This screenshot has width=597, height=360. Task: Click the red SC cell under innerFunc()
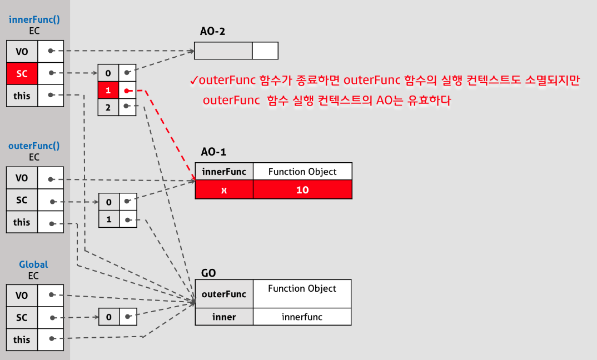tap(22, 73)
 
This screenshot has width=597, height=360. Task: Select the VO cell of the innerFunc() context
tap(22, 52)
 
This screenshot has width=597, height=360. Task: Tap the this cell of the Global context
tap(22, 339)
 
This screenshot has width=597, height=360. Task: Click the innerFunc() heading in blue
tap(34, 19)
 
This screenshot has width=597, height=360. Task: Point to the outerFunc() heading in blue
tap(34, 146)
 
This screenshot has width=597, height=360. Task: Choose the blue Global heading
tap(34, 264)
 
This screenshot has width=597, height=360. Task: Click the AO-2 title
tap(213, 32)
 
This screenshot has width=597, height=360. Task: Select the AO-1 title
tap(213, 152)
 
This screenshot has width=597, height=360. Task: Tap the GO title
tap(208, 273)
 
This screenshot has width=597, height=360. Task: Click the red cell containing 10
tap(302, 190)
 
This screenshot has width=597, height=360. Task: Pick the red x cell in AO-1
tap(224, 190)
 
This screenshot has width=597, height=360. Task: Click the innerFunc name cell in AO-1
tap(224, 172)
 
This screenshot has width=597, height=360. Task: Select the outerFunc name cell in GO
tap(224, 294)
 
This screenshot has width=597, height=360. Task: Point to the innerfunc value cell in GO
tap(302, 317)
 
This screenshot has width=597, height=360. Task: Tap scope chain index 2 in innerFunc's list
tap(108, 107)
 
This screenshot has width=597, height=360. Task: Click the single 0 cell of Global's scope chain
tap(108, 317)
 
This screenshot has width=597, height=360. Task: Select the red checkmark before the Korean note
tap(194, 81)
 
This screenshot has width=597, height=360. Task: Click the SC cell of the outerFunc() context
tap(22, 200)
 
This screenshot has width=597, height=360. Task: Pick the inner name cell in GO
tap(224, 317)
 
